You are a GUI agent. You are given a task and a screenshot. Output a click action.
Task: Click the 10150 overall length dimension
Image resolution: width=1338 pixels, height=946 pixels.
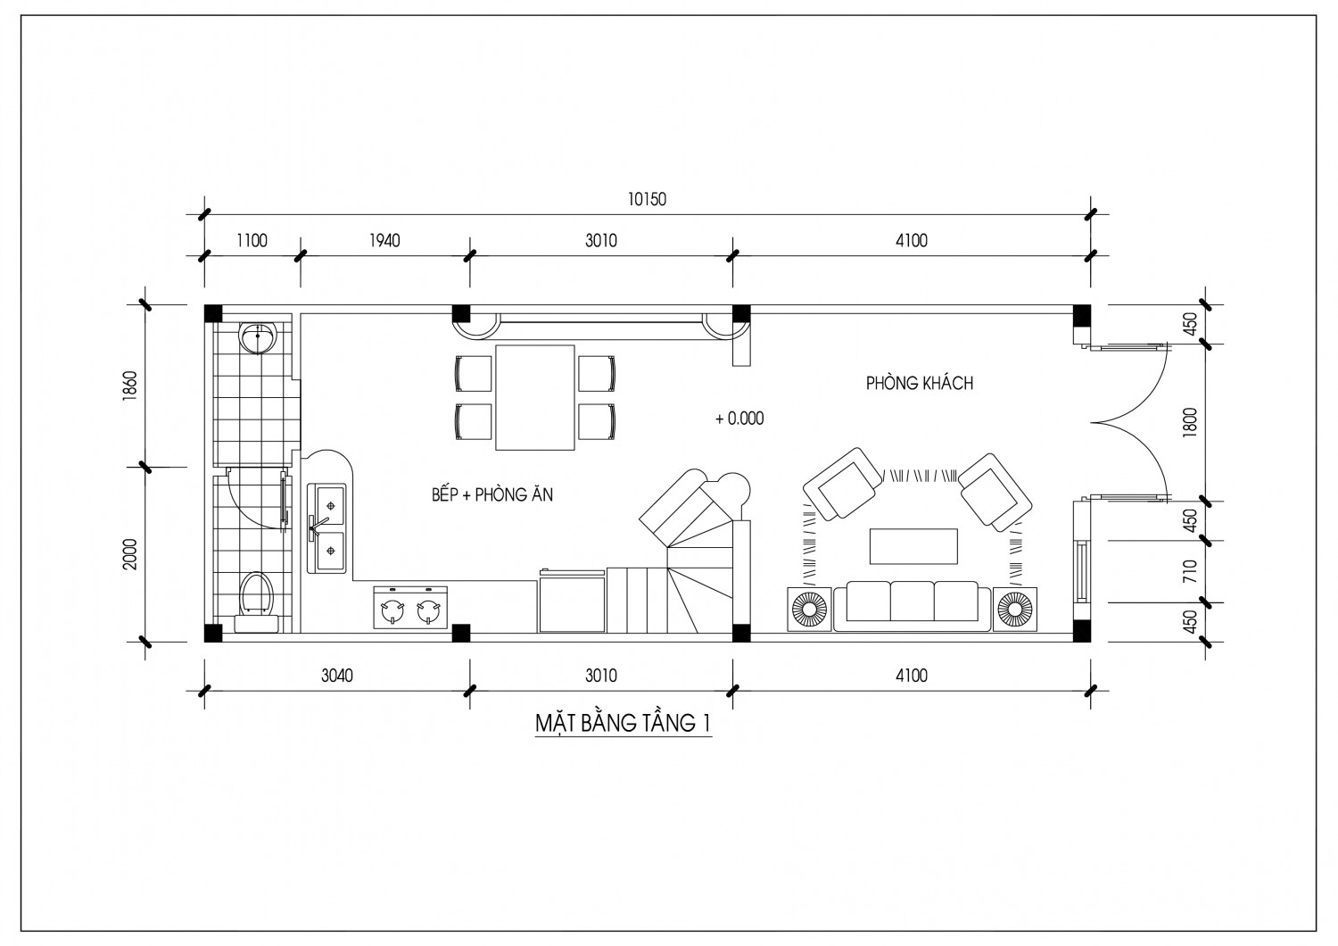[x=647, y=199]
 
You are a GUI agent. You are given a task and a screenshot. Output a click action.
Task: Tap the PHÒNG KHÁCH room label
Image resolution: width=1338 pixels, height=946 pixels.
[x=920, y=383]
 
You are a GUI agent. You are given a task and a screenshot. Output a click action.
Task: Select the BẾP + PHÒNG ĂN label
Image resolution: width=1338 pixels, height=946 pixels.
[x=492, y=494]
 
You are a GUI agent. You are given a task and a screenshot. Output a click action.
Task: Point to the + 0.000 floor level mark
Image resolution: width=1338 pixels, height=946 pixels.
[x=739, y=419]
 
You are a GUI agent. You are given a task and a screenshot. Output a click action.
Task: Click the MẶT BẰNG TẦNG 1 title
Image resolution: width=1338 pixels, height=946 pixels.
[x=623, y=723]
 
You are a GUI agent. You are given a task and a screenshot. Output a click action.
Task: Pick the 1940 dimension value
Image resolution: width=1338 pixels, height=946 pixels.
[x=384, y=241]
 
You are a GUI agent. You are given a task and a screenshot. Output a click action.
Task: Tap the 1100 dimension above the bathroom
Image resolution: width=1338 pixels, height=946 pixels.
[x=252, y=241]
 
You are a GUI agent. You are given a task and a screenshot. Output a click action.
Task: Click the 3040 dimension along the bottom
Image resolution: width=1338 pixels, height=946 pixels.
[x=337, y=676]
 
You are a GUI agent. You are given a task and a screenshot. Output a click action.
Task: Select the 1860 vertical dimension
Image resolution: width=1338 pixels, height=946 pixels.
[x=131, y=386]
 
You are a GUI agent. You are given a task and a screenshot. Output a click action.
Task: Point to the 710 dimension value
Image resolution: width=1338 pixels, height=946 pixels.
[x=1191, y=571]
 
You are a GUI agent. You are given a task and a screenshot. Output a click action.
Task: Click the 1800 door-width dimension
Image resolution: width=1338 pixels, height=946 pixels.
[x=1191, y=423]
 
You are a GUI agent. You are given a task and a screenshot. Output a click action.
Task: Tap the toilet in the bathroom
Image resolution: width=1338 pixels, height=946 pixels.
[x=256, y=600]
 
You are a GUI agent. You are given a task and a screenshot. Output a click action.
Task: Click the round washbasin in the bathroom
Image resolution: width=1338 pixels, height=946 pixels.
[x=258, y=337]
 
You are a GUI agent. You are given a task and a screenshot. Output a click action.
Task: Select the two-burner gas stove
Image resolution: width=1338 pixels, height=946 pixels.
[x=410, y=607]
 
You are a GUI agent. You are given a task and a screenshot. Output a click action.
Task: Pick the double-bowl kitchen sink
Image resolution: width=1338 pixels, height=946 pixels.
[x=327, y=528]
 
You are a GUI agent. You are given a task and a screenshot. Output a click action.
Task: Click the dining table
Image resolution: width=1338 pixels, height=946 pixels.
[x=534, y=397]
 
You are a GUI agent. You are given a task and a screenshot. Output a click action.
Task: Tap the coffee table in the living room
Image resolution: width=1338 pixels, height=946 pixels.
[x=913, y=545]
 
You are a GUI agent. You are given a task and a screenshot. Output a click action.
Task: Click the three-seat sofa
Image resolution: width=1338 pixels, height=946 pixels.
[x=913, y=605]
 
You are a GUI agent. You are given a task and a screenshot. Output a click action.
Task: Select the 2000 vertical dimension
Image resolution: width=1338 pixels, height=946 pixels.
[x=131, y=554]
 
